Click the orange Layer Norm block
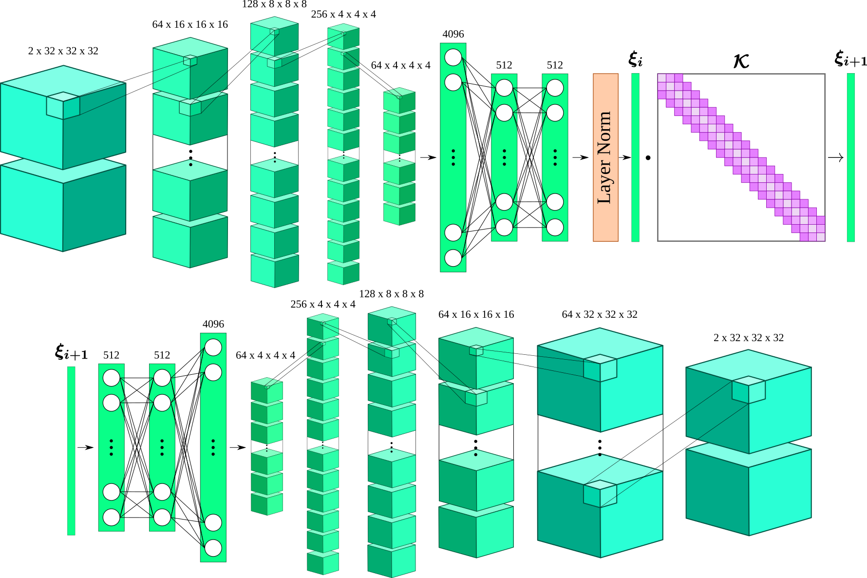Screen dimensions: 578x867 (x=605, y=157)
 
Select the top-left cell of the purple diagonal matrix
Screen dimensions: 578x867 (x=662, y=78)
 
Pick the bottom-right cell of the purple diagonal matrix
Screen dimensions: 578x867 (x=821, y=237)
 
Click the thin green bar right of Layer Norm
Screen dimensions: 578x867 (x=635, y=157)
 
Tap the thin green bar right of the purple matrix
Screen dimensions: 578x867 (x=850, y=157)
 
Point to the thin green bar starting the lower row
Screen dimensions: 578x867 (x=71, y=450)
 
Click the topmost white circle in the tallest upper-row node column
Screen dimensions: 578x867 (x=453, y=57)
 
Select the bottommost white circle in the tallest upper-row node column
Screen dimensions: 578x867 (x=453, y=258)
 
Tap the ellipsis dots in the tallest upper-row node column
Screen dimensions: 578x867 (x=453, y=157)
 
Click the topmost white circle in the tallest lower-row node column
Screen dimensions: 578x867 (x=213, y=347)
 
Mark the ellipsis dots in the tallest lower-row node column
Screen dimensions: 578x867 (x=213, y=447)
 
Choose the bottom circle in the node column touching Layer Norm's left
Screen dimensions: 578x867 (x=555, y=227)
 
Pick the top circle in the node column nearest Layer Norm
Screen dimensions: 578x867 (x=555, y=88)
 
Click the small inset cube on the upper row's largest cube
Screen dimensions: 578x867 (x=63, y=105)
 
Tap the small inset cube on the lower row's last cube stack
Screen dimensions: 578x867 (x=749, y=389)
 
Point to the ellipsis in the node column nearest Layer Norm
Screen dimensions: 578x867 (x=555, y=157)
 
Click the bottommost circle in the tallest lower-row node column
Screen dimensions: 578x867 (x=213, y=548)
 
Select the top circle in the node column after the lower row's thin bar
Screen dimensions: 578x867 (x=111, y=378)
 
